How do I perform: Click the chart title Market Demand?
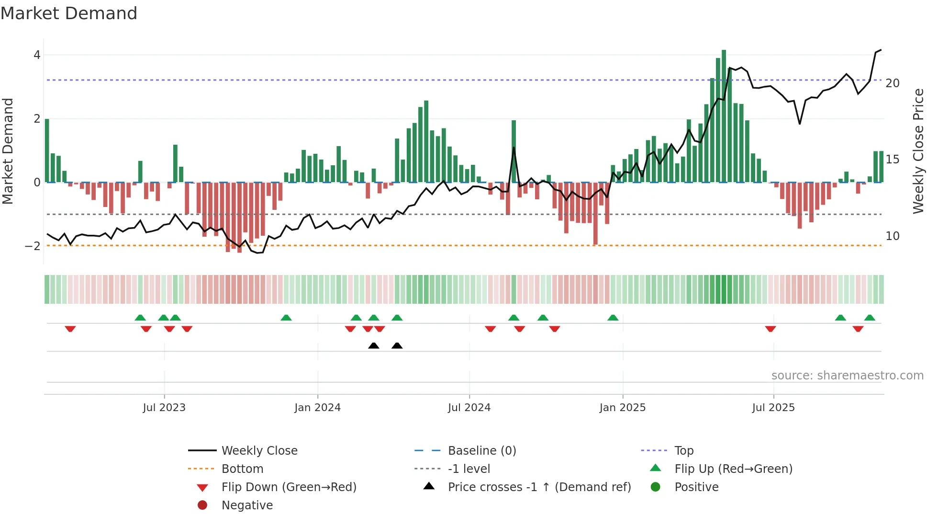tap(69, 13)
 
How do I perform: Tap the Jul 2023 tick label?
tap(164, 408)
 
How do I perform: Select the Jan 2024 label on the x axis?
tap(317, 408)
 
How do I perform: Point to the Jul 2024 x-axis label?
tap(469, 408)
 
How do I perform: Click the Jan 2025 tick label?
tap(622, 408)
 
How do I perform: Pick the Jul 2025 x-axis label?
tap(773, 408)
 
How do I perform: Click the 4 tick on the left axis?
tap(37, 55)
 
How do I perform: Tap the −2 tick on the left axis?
tap(33, 246)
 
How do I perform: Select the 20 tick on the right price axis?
tap(893, 83)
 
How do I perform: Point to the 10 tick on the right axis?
tap(893, 236)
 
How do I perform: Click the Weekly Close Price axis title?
tap(918, 151)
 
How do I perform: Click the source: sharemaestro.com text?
tap(847, 376)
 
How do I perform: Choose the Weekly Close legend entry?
tap(259, 451)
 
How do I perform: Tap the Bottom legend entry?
tap(242, 469)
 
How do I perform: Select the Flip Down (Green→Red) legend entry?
tap(289, 487)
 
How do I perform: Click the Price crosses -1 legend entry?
tap(539, 487)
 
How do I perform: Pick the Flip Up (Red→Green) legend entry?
tap(733, 469)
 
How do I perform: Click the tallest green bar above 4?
tap(724, 115)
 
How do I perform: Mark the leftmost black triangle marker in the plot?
tap(374, 345)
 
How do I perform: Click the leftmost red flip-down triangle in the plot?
tap(70, 329)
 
